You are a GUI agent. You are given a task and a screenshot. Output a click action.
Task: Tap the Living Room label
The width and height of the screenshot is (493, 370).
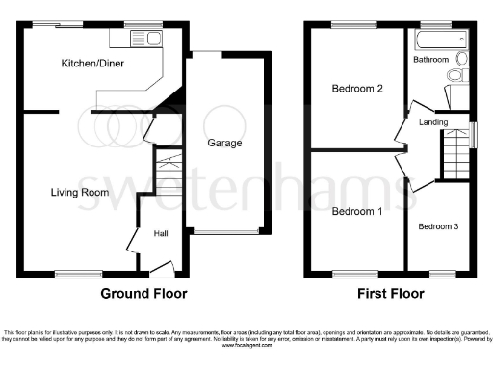point(80,193)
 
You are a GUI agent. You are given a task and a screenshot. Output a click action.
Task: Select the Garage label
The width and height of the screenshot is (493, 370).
point(224,144)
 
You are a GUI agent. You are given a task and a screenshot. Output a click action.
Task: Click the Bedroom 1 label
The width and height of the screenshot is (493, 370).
point(356,211)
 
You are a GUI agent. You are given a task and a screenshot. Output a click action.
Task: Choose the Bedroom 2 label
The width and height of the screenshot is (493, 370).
point(357,89)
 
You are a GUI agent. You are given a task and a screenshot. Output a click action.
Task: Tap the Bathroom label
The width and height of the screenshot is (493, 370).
point(430,60)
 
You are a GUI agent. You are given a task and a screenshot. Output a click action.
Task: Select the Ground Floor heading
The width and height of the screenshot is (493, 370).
point(144,293)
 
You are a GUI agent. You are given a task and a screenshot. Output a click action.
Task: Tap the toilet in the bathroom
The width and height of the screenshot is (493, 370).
point(460,74)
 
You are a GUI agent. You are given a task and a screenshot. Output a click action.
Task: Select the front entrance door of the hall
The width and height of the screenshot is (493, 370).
point(157,268)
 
